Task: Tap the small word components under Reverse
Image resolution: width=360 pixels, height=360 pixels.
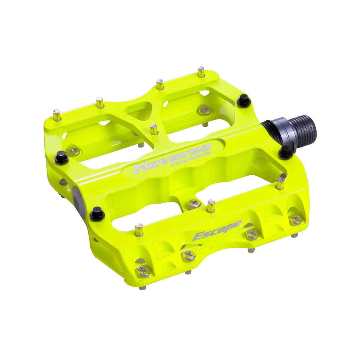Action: click(x=191, y=160)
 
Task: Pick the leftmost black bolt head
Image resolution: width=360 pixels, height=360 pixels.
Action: click(x=61, y=157)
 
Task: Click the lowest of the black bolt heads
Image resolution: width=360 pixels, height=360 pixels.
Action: click(x=97, y=213)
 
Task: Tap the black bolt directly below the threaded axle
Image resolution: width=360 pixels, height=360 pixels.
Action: click(x=285, y=152)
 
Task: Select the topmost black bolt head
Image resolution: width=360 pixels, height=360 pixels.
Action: click(x=244, y=100)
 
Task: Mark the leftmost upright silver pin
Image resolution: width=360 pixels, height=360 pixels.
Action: click(x=57, y=115)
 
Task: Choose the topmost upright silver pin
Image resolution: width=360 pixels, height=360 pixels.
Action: click(x=201, y=72)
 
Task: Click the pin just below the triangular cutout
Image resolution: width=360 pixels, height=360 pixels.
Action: click(x=154, y=130)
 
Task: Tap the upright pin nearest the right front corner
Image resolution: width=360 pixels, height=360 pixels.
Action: click(x=280, y=183)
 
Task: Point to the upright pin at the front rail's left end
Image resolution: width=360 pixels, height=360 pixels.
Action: click(x=139, y=230)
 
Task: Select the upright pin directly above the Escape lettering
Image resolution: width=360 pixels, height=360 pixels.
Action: click(x=211, y=206)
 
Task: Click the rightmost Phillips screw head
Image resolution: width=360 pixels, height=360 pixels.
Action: click(x=295, y=219)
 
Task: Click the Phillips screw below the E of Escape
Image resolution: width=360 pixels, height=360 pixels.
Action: click(x=190, y=255)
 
